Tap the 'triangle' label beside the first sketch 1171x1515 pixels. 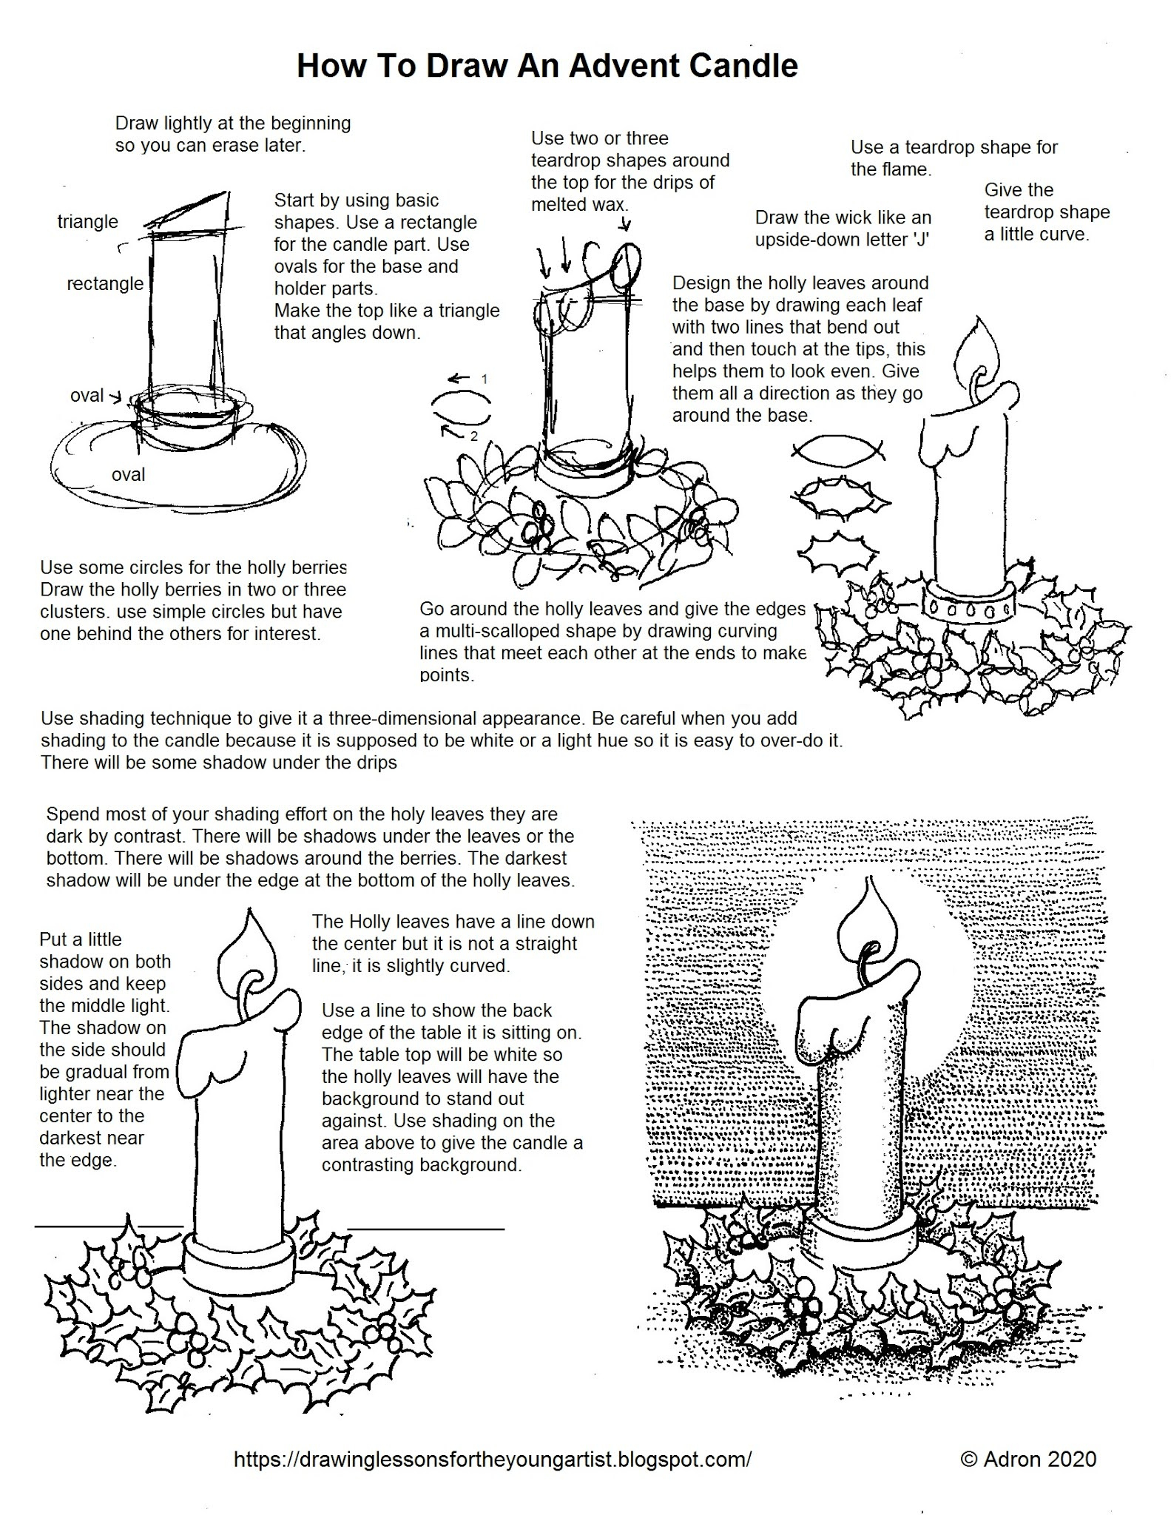[87, 222]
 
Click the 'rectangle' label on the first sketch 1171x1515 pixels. [104, 283]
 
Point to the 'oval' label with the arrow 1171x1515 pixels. [87, 396]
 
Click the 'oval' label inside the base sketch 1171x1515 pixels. [128, 474]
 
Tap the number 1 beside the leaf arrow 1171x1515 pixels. [485, 379]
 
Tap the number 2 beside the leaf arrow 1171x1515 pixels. [474, 436]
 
